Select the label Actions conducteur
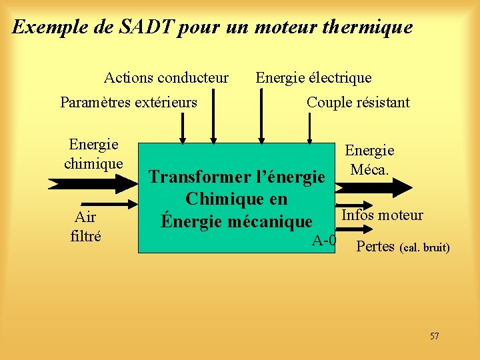pos(166,78)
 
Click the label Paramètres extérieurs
pos(129,103)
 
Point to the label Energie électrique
pos(313,78)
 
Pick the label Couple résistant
pos(358,103)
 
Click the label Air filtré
pos(85,225)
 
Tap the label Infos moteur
pos(382,215)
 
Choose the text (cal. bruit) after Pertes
pos(425,248)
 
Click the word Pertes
pos(376,247)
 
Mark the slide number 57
pos(434,336)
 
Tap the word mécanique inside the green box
pos(269,221)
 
